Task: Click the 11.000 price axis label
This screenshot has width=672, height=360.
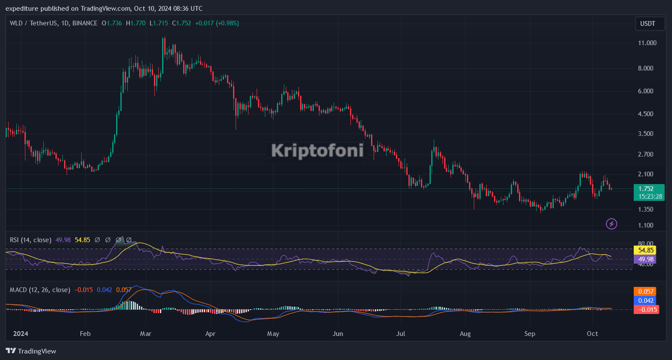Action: pos(647,43)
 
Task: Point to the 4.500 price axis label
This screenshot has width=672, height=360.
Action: pos(647,114)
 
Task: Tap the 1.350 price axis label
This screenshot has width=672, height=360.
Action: pos(647,209)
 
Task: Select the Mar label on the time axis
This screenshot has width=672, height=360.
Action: pos(146,334)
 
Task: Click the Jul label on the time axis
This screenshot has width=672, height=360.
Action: pos(401,334)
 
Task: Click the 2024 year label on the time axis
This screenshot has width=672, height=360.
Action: pos(21,334)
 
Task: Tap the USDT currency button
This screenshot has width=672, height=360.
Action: pos(647,24)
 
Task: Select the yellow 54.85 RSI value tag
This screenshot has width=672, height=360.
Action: pos(646,250)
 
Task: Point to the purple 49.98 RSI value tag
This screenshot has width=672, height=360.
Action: pos(646,259)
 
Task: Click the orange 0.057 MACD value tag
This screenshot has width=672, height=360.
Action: pos(646,292)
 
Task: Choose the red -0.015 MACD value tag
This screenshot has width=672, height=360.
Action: pos(646,309)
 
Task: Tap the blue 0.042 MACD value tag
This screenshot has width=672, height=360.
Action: pos(646,301)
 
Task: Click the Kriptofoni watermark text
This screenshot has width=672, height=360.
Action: pos(317,151)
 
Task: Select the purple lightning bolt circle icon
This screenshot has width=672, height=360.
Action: pos(611,224)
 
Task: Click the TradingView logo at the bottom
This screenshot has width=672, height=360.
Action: pos(31,351)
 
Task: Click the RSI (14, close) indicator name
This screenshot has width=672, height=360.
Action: pos(31,240)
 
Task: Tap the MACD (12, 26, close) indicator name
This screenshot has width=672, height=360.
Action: pos(40,290)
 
